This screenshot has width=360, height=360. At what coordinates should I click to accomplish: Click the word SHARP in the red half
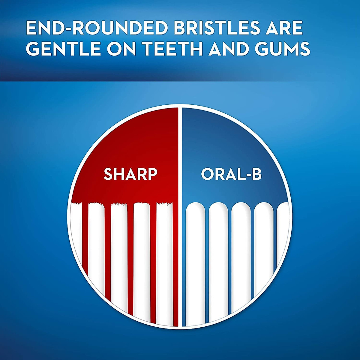tap(130, 174)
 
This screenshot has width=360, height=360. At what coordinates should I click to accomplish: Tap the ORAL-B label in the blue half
tap(231, 174)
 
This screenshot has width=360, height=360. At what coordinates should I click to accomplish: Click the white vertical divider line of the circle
tap(180, 216)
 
